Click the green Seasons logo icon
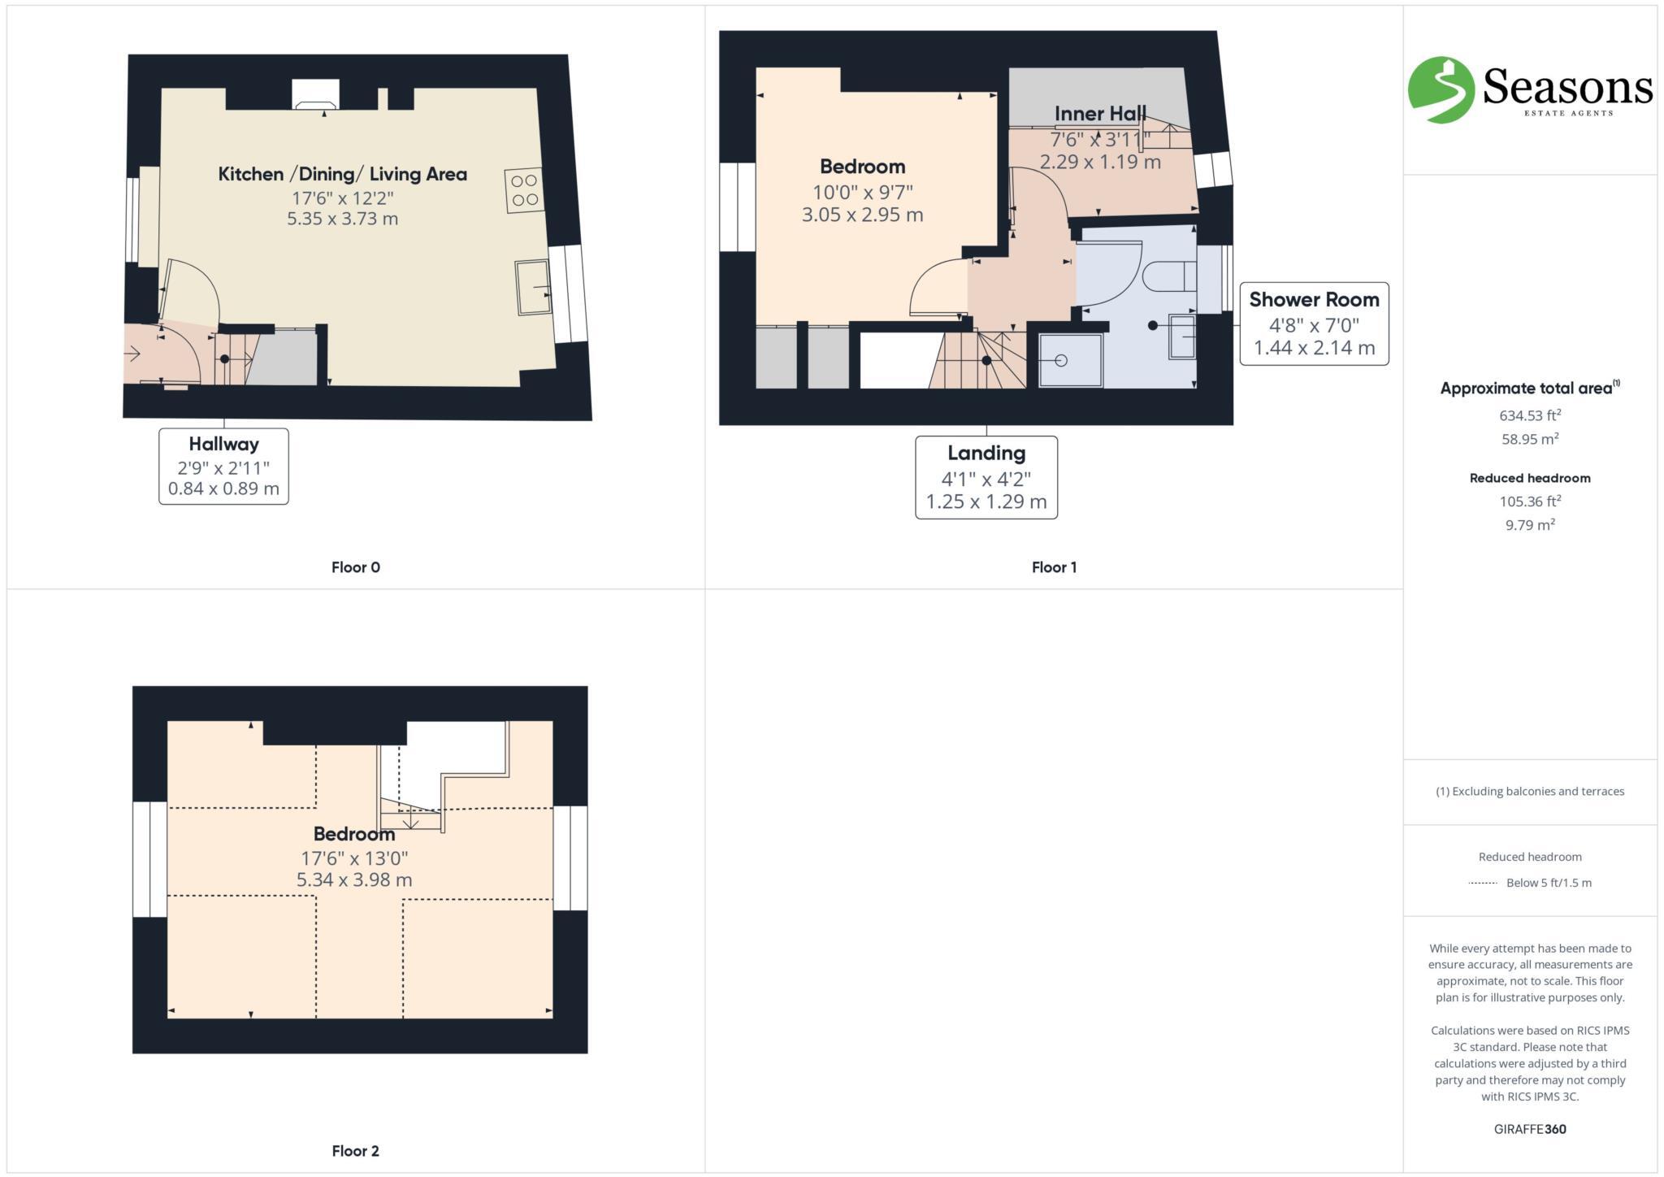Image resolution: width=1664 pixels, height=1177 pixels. pyautogui.click(x=1441, y=89)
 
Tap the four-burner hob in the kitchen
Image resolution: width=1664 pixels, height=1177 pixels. pyautogui.click(x=525, y=190)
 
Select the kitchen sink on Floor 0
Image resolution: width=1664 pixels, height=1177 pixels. pyautogui.click(x=533, y=287)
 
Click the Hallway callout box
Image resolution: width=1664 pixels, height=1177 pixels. pyautogui.click(x=223, y=466)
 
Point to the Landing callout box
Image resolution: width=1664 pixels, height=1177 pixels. pyautogui.click(x=986, y=477)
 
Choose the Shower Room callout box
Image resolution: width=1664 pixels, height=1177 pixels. pyautogui.click(x=1313, y=324)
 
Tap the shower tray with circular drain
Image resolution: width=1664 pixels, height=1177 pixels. pyautogui.click(x=1071, y=360)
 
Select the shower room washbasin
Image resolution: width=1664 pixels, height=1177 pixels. pyautogui.click(x=1182, y=336)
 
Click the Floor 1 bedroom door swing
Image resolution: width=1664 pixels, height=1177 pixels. pyautogui.click(x=936, y=289)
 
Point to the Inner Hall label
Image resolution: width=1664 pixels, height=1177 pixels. pyautogui.click(x=1100, y=114)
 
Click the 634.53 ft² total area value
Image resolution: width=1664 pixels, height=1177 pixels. pyautogui.click(x=1529, y=415)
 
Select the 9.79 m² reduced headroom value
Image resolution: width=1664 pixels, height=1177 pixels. pyautogui.click(x=1529, y=525)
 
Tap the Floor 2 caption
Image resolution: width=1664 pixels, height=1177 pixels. pyautogui.click(x=355, y=1150)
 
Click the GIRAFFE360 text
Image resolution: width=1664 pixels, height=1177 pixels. pyautogui.click(x=1529, y=1129)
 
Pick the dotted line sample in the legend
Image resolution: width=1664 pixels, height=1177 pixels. pyautogui.click(x=1482, y=883)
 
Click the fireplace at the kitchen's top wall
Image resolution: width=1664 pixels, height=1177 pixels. pyautogui.click(x=315, y=95)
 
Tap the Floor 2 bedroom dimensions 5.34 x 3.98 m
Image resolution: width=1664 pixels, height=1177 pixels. pyautogui.click(x=353, y=879)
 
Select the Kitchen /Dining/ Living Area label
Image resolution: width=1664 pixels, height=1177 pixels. pyautogui.click(x=342, y=174)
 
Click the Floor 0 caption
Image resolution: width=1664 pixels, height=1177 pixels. pyautogui.click(x=355, y=567)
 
